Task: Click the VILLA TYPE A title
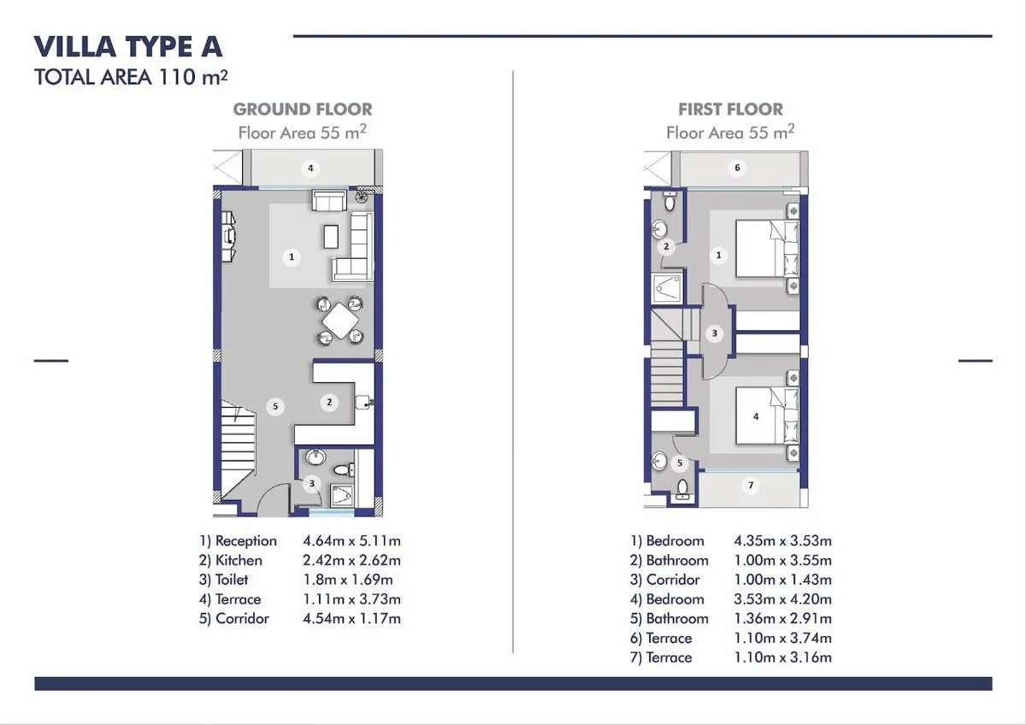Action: (x=127, y=47)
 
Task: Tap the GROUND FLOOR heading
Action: (x=303, y=109)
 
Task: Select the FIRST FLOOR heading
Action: (x=730, y=109)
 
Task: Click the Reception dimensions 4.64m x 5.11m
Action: (x=351, y=541)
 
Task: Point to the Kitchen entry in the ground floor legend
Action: (x=231, y=561)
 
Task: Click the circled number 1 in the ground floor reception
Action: (x=292, y=256)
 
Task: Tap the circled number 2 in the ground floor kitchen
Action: (x=329, y=402)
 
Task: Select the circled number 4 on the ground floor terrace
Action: (x=311, y=168)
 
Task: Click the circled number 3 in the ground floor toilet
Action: (x=312, y=484)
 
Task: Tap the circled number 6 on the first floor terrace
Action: (x=737, y=168)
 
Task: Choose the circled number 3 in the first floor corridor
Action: (x=715, y=333)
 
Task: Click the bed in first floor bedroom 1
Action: (x=767, y=248)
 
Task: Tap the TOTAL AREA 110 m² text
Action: (x=131, y=78)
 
